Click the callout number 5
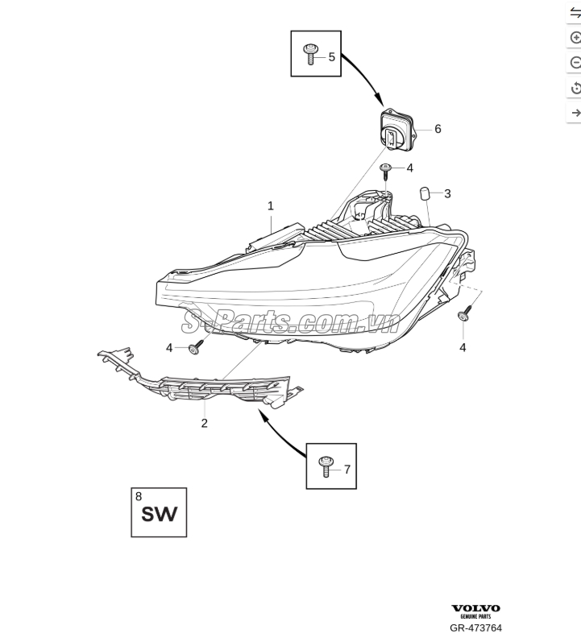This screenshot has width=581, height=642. (x=331, y=57)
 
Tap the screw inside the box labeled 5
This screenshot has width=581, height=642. (x=309, y=55)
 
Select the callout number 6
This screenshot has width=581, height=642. (x=438, y=129)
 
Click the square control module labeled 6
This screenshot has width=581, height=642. (x=396, y=130)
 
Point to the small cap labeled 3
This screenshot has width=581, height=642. (x=424, y=193)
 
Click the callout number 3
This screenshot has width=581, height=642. (x=447, y=193)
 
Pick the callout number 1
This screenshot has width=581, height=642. (x=271, y=206)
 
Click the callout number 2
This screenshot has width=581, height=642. (x=204, y=423)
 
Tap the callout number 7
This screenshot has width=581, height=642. (x=347, y=470)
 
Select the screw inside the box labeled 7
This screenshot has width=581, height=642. (x=326, y=466)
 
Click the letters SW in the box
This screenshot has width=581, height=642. (x=160, y=514)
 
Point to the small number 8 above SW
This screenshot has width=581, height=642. (x=139, y=496)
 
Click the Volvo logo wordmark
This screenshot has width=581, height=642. (x=475, y=608)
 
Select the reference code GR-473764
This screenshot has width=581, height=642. (x=475, y=628)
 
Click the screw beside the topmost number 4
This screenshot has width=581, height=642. (x=385, y=171)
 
